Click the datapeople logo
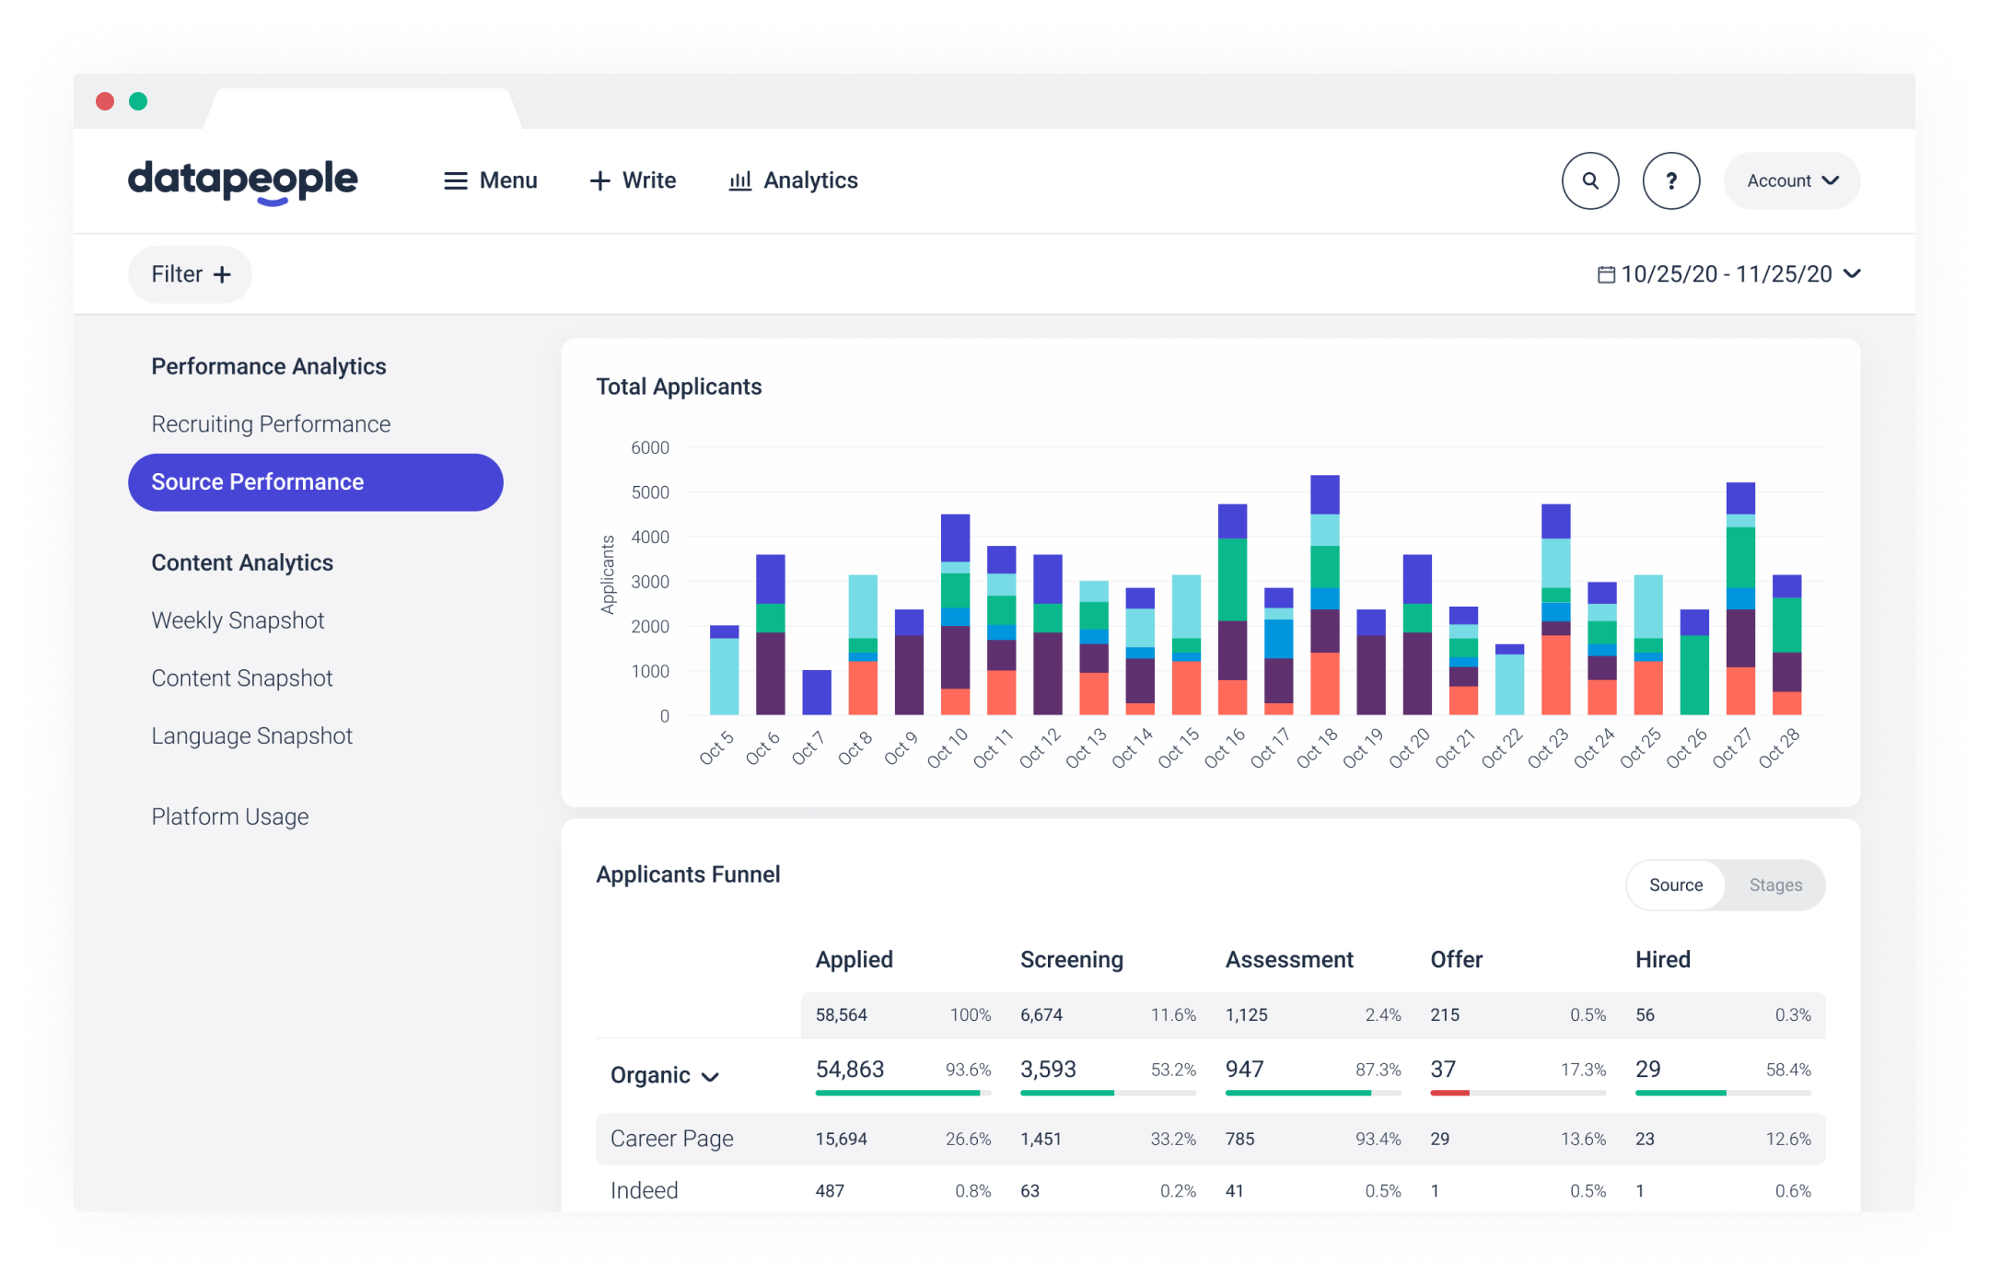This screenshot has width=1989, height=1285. (x=242, y=180)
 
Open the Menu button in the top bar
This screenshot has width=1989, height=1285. (x=490, y=180)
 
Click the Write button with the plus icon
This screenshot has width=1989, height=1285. (x=633, y=180)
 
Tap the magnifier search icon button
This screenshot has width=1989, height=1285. (x=1589, y=180)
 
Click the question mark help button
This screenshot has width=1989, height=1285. (x=1670, y=180)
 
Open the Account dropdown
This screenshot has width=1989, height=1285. (x=1791, y=180)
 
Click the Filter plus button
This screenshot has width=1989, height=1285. (x=190, y=274)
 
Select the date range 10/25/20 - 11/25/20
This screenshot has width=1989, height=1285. (x=1727, y=274)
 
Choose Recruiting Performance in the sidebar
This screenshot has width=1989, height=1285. (x=271, y=424)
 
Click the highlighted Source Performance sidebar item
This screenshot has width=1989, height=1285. (x=315, y=482)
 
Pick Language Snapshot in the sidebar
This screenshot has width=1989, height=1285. (x=251, y=736)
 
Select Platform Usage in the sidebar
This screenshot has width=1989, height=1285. (x=229, y=816)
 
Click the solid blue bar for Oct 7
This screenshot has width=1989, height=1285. (x=816, y=692)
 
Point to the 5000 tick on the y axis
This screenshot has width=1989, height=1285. (x=650, y=492)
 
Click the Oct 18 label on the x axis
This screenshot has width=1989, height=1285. (x=1316, y=747)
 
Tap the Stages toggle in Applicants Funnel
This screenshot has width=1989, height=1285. (x=1774, y=885)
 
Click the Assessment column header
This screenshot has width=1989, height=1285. (x=1288, y=959)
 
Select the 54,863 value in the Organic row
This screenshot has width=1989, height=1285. (x=849, y=1069)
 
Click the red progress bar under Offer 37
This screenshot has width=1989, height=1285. (x=1449, y=1093)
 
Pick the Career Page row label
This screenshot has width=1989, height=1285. (x=671, y=1139)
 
